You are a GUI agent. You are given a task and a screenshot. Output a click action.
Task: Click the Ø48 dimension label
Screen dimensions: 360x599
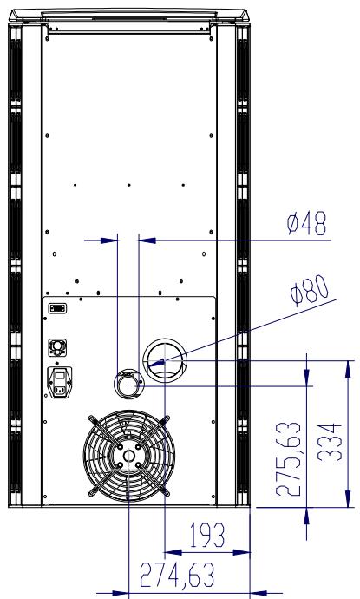point(306,224)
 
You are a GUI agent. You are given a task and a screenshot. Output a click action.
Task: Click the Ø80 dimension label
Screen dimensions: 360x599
point(309,290)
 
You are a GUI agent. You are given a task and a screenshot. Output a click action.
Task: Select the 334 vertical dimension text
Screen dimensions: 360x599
point(330,442)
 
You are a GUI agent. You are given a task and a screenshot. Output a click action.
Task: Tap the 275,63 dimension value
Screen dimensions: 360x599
point(289,458)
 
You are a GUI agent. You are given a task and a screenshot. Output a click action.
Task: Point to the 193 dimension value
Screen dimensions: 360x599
point(207,536)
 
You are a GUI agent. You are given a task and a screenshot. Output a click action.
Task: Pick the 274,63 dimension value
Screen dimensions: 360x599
point(177,575)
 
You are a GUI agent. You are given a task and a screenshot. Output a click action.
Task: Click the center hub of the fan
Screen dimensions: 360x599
point(129,456)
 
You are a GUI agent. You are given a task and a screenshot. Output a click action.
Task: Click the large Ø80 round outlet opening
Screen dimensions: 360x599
point(165,360)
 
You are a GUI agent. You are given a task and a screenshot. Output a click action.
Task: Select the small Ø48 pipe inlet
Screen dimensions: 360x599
point(128,385)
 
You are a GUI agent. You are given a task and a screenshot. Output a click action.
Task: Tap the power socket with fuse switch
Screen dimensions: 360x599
point(59,382)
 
